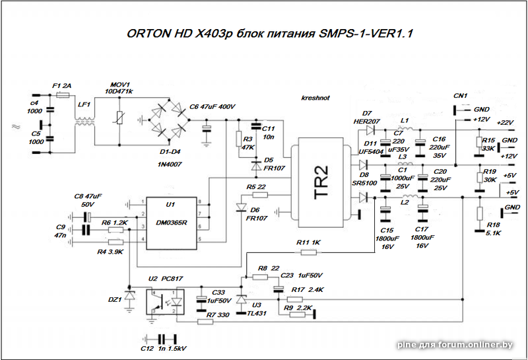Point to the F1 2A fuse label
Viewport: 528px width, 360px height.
click(x=62, y=86)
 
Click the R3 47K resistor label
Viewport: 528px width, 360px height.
click(x=248, y=143)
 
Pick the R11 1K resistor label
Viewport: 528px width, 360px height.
click(x=308, y=242)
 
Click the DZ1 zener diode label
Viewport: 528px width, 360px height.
click(x=115, y=299)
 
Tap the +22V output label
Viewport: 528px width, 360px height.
click(x=504, y=123)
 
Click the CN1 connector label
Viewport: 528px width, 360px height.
click(x=460, y=96)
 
